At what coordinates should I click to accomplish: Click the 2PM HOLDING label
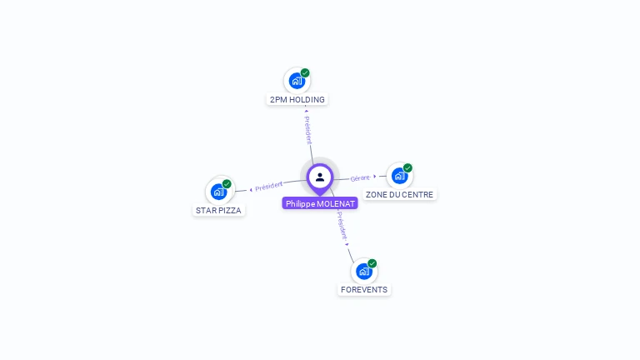(x=297, y=100)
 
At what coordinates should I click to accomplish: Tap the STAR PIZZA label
(x=218, y=211)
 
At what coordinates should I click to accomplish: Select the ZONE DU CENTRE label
(x=399, y=195)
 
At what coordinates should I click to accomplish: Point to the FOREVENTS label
(x=364, y=290)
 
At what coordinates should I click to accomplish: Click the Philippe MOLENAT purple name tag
(x=320, y=203)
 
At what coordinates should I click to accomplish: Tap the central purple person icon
(x=320, y=177)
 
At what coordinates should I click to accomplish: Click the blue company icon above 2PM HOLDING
(x=296, y=81)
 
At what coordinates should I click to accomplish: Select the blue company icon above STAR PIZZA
(x=218, y=192)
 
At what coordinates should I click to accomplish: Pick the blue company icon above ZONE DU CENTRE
(x=399, y=176)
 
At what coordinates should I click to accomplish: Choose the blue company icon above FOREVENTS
(x=363, y=271)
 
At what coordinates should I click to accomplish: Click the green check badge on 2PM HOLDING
(x=306, y=72)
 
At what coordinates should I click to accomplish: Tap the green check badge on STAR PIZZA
(x=227, y=184)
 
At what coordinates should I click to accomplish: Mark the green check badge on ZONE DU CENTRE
(x=407, y=167)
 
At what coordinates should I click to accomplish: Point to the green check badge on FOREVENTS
(x=372, y=263)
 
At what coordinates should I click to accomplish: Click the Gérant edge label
(x=360, y=178)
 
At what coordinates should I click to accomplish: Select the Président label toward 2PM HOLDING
(x=307, y=129)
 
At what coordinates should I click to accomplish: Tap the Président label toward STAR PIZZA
(x=269, y=186)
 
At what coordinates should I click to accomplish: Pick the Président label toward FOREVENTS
(x=342, y=226)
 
